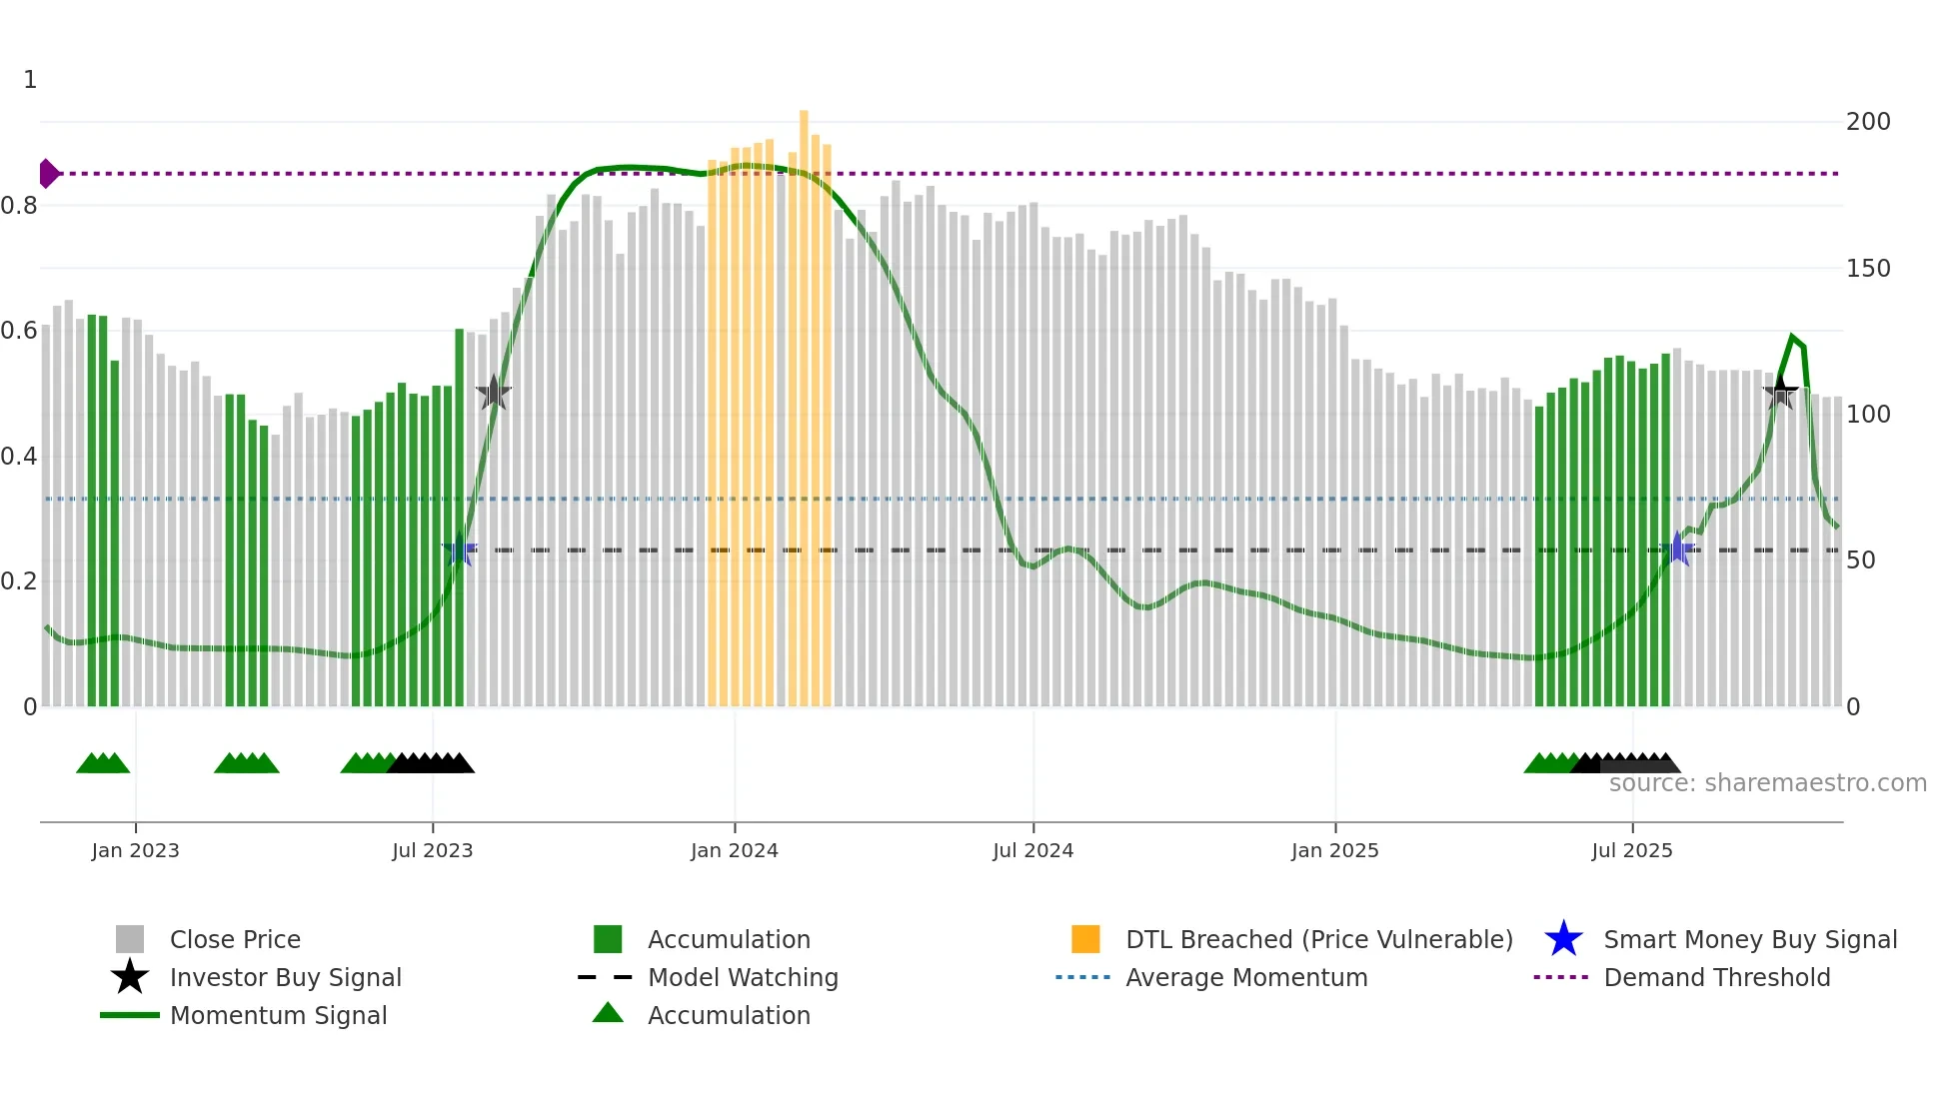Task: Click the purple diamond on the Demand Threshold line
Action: coord(48,174)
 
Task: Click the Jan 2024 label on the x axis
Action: coord(734,851)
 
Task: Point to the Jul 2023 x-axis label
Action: coord(432,851)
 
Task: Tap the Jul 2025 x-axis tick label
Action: coord(1631,851)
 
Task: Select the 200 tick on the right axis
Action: coord(1868,122)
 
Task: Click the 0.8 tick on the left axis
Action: coord(20,206)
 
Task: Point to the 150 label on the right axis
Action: coord(1868,269)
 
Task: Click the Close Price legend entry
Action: coord(234,940)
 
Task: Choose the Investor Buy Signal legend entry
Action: coord(285,978)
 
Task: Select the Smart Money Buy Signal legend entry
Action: coord(1749,940)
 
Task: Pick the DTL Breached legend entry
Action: coord(1318,940)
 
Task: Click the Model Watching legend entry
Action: coord(743,978)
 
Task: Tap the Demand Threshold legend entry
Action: coord(1716,978)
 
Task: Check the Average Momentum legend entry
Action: coord(1245,978)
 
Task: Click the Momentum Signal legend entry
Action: coord(278,1016)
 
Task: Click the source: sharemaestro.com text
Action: coord(1767,783)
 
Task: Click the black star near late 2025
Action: coord(1780,393)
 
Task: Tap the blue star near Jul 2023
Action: coord(460,550)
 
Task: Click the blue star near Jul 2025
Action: coord(1677,550)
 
